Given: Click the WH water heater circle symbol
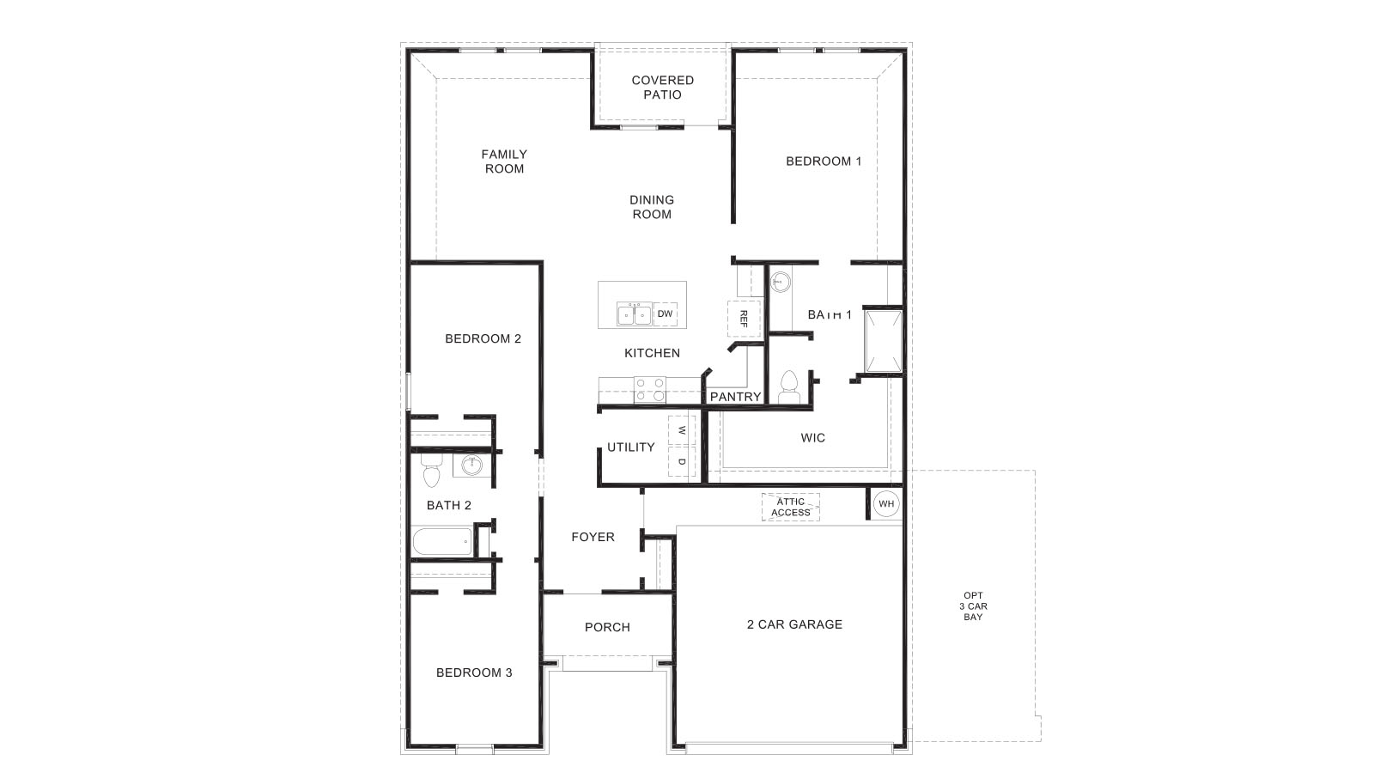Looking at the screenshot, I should tap(885, 503).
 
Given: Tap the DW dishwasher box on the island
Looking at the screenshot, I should tap(665, 314).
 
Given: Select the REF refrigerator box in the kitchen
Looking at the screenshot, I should tap(744, 319).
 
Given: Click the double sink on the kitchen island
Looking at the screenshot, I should tap(635, 314).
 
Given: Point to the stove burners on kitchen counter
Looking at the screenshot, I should tap(649, 390).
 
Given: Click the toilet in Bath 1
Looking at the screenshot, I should tap(788, 387).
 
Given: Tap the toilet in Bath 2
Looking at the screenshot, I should tap(431, 472).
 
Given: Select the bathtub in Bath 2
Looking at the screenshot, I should tap(442, 542).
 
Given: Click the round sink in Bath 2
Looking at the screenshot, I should tap(471, 466).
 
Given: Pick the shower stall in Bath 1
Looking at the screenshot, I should tap(883, 342).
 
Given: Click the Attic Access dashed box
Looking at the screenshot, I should tap(790, 507).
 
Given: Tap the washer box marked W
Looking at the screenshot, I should tap(681, 430).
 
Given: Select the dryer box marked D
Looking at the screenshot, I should tap(681, 462).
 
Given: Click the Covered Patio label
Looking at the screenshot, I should tap(662, 88).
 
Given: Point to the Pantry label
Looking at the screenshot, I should tap(735, 397).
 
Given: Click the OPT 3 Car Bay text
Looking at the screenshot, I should tap(973, 606).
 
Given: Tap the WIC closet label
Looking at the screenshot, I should tap(812, 438).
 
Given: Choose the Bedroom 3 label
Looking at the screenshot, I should tap(474, 673).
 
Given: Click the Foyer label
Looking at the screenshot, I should tap(593, 537).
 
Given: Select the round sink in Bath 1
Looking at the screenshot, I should tap(781, 281).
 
